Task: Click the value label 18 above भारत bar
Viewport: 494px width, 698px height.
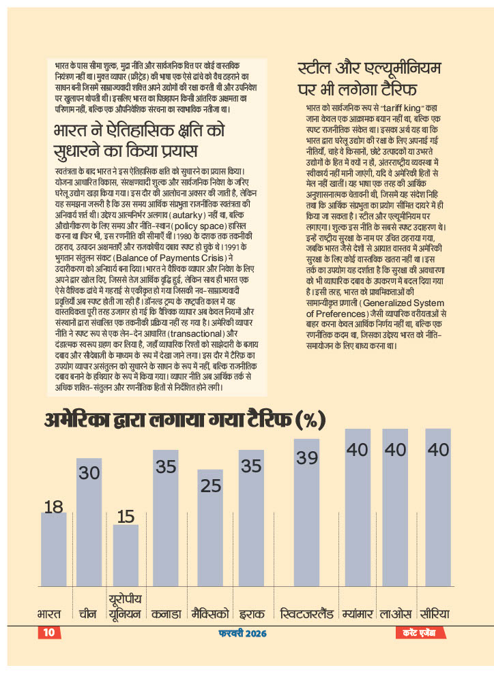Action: pos(54,506)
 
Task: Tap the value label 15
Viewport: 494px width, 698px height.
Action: pos(126,516)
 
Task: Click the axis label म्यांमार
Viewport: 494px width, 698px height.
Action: pos(357,613)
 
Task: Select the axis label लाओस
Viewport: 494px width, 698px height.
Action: pos(395,613)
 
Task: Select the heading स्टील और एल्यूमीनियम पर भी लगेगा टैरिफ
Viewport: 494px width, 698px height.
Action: pos(370,78)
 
